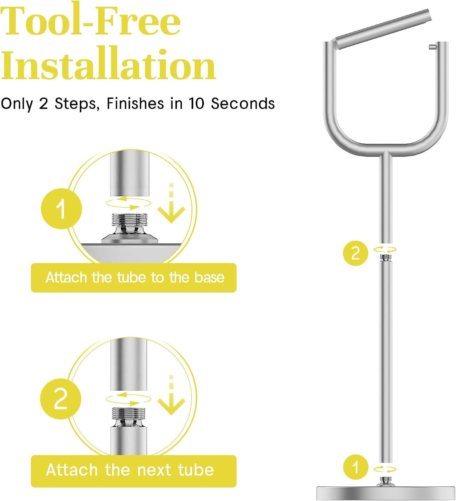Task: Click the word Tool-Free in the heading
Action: point(90,20)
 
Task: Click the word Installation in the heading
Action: point(108,64)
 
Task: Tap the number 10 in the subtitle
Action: point(196,104)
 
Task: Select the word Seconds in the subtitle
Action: point(243,104)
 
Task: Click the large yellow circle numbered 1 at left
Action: point(61,209)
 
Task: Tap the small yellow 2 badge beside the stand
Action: point(355,253)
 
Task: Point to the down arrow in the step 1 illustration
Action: point(171,203)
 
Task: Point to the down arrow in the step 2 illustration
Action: point(171,395)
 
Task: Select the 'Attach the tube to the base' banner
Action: point(134,278)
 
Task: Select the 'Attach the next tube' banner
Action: point(134,471)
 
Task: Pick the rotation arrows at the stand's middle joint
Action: point(385,250)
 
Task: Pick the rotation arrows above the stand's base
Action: point(385,469)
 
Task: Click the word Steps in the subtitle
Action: point(75,104)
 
